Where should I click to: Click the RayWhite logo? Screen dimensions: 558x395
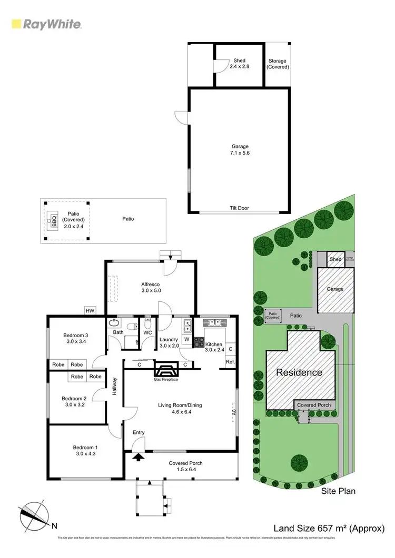point(46,24)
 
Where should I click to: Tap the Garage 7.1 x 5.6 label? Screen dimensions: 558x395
point(239,149)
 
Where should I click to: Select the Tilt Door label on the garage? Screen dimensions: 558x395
point(239,208)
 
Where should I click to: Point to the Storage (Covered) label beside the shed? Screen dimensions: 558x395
point(277,64)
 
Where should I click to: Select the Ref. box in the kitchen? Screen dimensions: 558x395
point(230,362)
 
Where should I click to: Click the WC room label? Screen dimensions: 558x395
point(147,332)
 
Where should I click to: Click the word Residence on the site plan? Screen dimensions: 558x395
point(300,372)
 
